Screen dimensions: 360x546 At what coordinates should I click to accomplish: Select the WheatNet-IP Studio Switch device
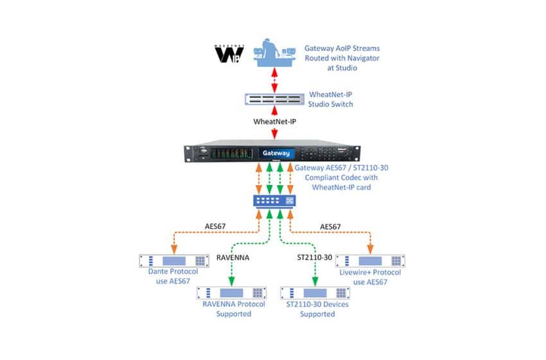coord(274,100)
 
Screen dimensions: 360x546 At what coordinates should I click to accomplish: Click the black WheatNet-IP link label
coord(274,120)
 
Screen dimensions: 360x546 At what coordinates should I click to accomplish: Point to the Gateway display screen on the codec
coord(276,154)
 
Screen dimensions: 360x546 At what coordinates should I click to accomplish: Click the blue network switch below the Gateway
coord(275,201)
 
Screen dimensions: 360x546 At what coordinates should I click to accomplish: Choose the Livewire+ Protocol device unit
coord(374,261)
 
